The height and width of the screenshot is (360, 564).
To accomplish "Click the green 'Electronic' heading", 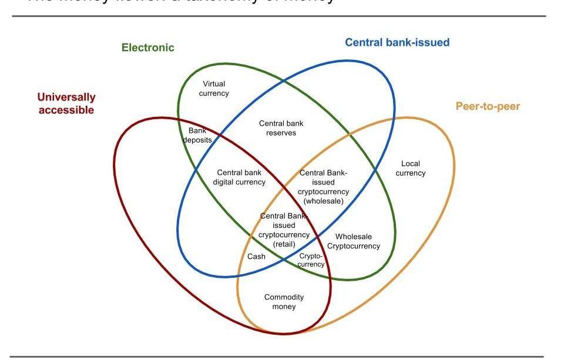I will coord(148,48).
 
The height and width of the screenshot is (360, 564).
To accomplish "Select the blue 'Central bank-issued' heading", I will coord(397,42).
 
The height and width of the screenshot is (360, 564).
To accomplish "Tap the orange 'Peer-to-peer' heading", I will coord(488,106).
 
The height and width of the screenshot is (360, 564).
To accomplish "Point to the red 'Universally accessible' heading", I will coord(66,103).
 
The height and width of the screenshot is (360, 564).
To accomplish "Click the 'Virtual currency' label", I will coord(214,89).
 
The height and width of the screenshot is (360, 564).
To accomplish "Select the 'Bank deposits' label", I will coord(197,136).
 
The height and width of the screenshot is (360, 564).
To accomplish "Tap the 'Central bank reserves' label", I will coord(281,128).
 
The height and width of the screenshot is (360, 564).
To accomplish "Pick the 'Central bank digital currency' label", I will coord(239,177).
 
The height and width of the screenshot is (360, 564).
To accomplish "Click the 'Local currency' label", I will coord(411,169).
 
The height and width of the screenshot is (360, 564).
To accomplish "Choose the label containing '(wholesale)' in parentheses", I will coord(324,187).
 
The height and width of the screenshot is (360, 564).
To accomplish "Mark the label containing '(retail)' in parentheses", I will coord(284,230).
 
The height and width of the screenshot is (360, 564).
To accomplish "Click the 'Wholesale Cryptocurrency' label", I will coord(354,241).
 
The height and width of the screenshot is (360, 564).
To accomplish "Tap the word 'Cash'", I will coord(256,257).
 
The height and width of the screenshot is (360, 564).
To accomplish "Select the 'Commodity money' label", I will coord(284,302).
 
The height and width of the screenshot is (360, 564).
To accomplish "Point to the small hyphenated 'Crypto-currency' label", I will coord(311,260).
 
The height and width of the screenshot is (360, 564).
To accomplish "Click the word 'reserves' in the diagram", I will coord(281,133).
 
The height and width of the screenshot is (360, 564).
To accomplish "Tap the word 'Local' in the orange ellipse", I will coord(411,164).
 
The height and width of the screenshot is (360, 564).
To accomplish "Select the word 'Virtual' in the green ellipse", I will coord(214,84).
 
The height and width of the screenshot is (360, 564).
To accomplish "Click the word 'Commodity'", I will coord(284,297).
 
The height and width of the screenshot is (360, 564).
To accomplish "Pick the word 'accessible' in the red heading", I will coord(66,110).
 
